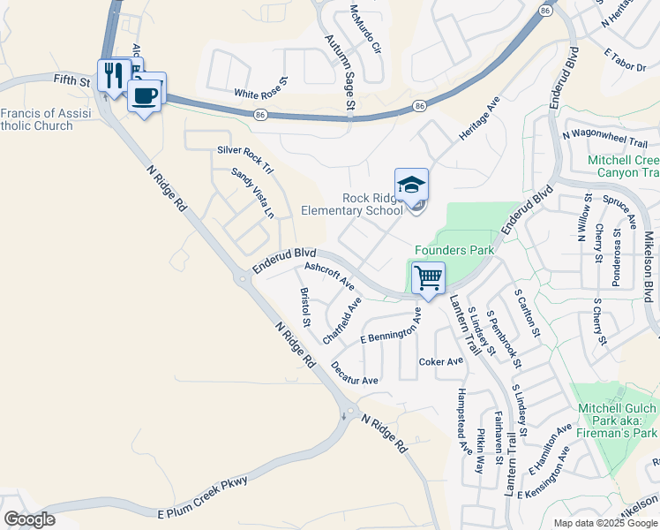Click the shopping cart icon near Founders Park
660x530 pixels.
tap(428, 279)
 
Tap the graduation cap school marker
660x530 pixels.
tap(411, 185)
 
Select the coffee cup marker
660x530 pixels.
tap(145, 94)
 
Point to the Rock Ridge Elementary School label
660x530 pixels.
tap(352, 204)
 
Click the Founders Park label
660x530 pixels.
tap(454, 250)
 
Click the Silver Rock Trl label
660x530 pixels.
tap(246, 156)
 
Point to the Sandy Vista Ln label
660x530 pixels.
tap(253, 193)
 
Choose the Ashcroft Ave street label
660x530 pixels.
tap(328, 276)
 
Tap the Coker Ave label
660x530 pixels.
tap(441, 361)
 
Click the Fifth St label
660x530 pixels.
tap(72, 80)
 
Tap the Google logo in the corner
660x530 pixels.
tap(29, 519)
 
